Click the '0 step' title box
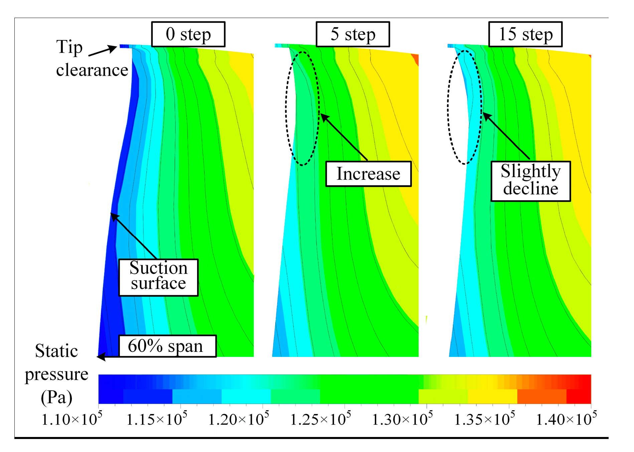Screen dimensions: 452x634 click(188, 34)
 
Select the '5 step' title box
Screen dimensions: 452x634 click(353, 34)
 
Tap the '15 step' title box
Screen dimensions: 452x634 click(525, 34)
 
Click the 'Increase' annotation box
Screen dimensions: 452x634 click(368, 174)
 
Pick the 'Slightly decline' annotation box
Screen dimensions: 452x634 click(530, 181)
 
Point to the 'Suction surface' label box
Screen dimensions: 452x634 click(158, 277)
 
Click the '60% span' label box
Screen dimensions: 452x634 click(167, 346)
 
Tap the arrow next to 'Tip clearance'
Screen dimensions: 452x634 click(104, 51)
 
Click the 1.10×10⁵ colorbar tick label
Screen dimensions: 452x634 click(71, 419)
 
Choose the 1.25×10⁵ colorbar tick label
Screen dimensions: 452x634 click(320, 419)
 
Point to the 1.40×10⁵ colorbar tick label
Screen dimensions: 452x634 click(566, 419)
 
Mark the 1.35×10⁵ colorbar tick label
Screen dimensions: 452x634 click(484, 419)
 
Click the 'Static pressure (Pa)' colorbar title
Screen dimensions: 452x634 click(56, 374)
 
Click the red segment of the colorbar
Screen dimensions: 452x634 click(579, 396)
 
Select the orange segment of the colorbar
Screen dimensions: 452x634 click(541, 396)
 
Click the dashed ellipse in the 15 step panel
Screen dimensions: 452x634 click(448, 107)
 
